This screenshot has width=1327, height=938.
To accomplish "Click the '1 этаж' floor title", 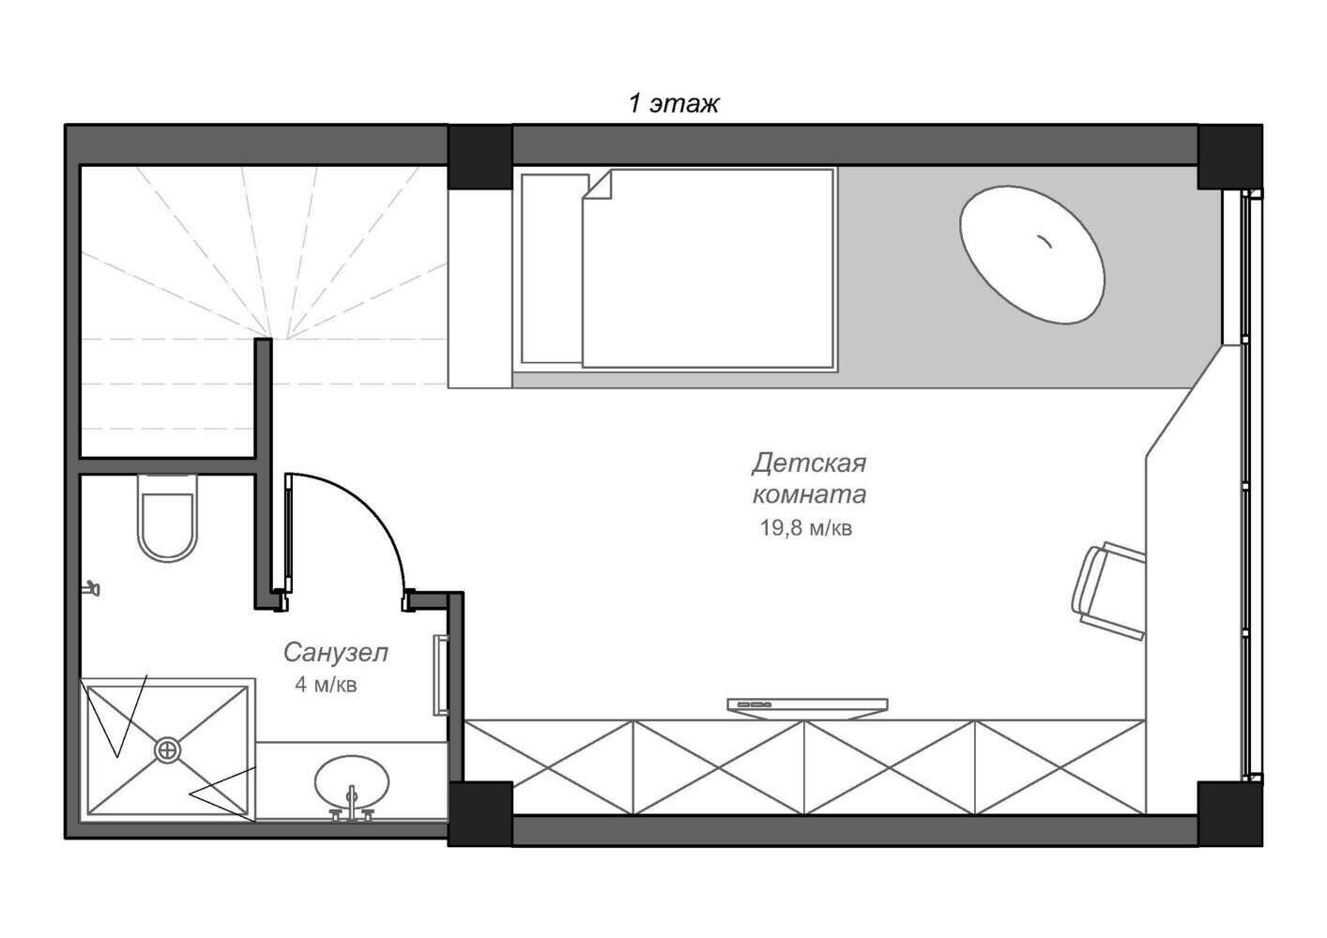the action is [x=674, y=104].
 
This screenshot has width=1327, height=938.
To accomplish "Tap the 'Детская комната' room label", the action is [x=809, y=478].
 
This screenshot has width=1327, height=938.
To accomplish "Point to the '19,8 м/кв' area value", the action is [x=806, y=527].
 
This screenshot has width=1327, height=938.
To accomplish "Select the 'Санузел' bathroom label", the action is [x=336, y=653].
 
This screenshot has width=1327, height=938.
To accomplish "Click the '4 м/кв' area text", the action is [x=326, y=685].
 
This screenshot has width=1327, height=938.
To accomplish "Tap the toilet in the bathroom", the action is [x=167, y=517].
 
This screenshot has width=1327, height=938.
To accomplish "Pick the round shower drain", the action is [x=168, y=749].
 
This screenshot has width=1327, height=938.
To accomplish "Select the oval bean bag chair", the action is [x=1032, y=254].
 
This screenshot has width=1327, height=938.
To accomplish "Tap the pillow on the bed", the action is [x=552, y=268].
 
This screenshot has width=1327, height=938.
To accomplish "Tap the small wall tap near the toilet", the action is [x=91, y=587].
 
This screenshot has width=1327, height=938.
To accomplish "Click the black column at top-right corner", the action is [x=1229, y=157].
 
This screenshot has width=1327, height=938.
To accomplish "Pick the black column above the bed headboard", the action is [x=480, y=157].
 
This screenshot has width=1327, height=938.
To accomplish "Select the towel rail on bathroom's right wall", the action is [x=441, y=675].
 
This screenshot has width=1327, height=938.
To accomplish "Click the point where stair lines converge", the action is [x=272, y=338].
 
